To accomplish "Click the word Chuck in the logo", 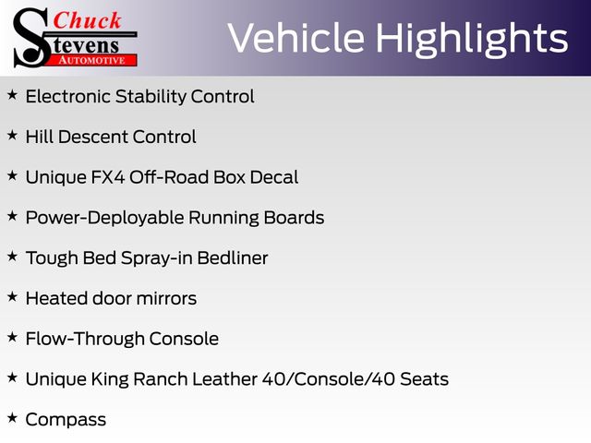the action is (x=87, y=20).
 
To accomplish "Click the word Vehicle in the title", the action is (x=296, y=38).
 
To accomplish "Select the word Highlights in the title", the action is (x=472, y=40).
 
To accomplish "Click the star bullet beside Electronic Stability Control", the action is (x=12, y=94).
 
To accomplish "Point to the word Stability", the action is (x=151, y=97).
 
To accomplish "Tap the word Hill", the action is (x=39, y=137).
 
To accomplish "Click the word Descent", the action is (x=92, y=137).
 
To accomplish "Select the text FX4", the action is (x=108, y=177).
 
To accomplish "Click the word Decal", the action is (x=274, y=177).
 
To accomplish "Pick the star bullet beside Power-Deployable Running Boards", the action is (x=12, y=216).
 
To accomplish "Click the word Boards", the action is (x=294, y=218).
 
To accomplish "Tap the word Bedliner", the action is (x=233, y=258).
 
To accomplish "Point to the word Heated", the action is (x=56, y=298).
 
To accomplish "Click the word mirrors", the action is (x=166, y=298).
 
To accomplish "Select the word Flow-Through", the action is (x=85, y=339).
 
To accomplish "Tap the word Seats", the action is (x=425, y=379).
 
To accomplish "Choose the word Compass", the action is (x=66, y=420).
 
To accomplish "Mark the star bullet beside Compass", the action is (x=12, y=417).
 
